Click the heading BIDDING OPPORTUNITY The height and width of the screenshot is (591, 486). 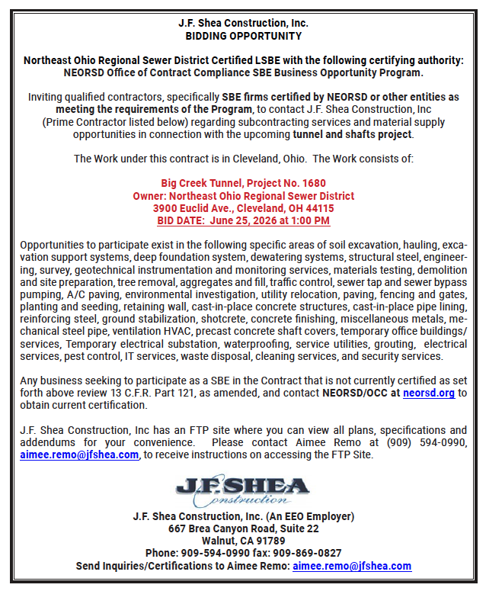[243, 36]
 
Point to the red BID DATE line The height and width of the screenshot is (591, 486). [243, 220]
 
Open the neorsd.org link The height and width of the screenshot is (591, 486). [429, 393]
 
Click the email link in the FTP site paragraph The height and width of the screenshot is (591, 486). [79, 454]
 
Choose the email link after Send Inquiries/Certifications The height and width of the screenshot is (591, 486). [352, 566]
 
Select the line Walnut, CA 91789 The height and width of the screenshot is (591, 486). [243, 541]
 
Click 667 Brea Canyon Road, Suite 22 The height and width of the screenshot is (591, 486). [243, 528]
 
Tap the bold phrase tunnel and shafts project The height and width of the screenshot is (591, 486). [353, 135]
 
